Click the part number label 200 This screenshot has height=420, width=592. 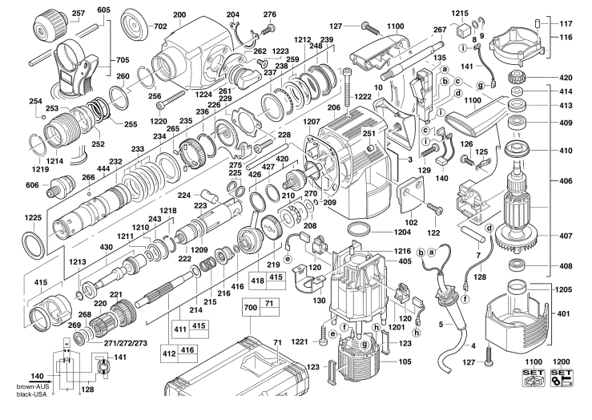(178, 14)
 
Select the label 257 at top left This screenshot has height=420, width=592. (78, 14)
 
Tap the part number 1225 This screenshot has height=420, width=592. (33, 218)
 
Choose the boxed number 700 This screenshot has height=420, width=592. (250, 306)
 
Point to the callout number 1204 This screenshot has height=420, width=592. (403, 232)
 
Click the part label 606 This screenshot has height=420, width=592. (32, 185)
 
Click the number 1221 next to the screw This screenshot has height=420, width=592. (300, 342)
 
